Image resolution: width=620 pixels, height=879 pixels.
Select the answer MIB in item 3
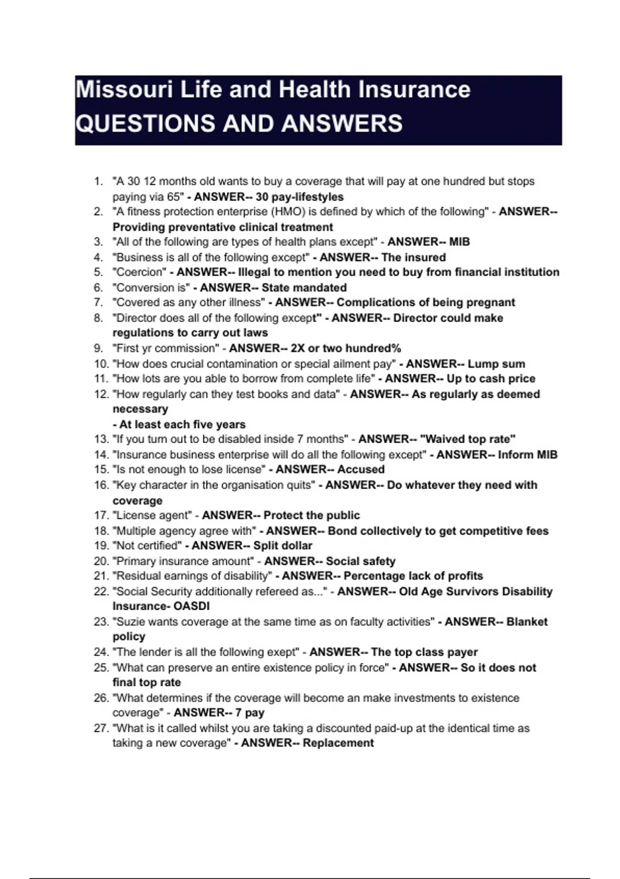coord(459,241)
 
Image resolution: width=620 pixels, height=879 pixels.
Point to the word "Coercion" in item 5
coord(139,272)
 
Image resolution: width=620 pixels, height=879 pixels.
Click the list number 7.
coord(98,302)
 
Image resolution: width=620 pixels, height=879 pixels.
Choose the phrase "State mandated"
coord(304,287)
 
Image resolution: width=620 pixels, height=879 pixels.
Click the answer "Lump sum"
coord(496,363)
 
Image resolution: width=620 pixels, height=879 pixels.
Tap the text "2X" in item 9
coord(298,348)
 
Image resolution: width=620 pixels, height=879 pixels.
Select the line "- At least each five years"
coord(179,425)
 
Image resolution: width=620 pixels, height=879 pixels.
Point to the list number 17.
coord(101,516)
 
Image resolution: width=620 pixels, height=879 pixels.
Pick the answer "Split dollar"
coord(283,545)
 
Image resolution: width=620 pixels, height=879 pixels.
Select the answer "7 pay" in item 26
coord(250,713)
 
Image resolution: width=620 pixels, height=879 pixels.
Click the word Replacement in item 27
coord(338,743)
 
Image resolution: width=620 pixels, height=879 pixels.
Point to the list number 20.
coord(101,561)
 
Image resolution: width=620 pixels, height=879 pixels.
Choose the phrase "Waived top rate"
coord(468,439)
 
